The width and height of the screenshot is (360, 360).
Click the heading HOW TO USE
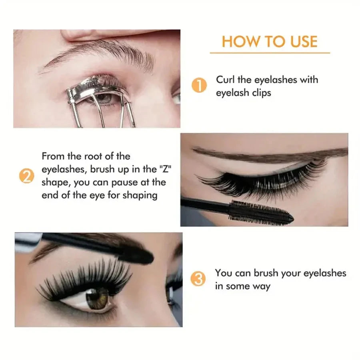(x=270, y=42)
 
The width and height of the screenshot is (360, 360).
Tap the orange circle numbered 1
(x=199, y=86)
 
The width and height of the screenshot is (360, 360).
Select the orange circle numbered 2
(x=26, y=176)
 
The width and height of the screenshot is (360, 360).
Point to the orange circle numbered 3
(x=199, y=279)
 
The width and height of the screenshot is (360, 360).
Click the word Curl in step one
(x=225, y=80)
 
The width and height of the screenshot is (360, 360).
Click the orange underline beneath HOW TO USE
(x=270, y=52)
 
